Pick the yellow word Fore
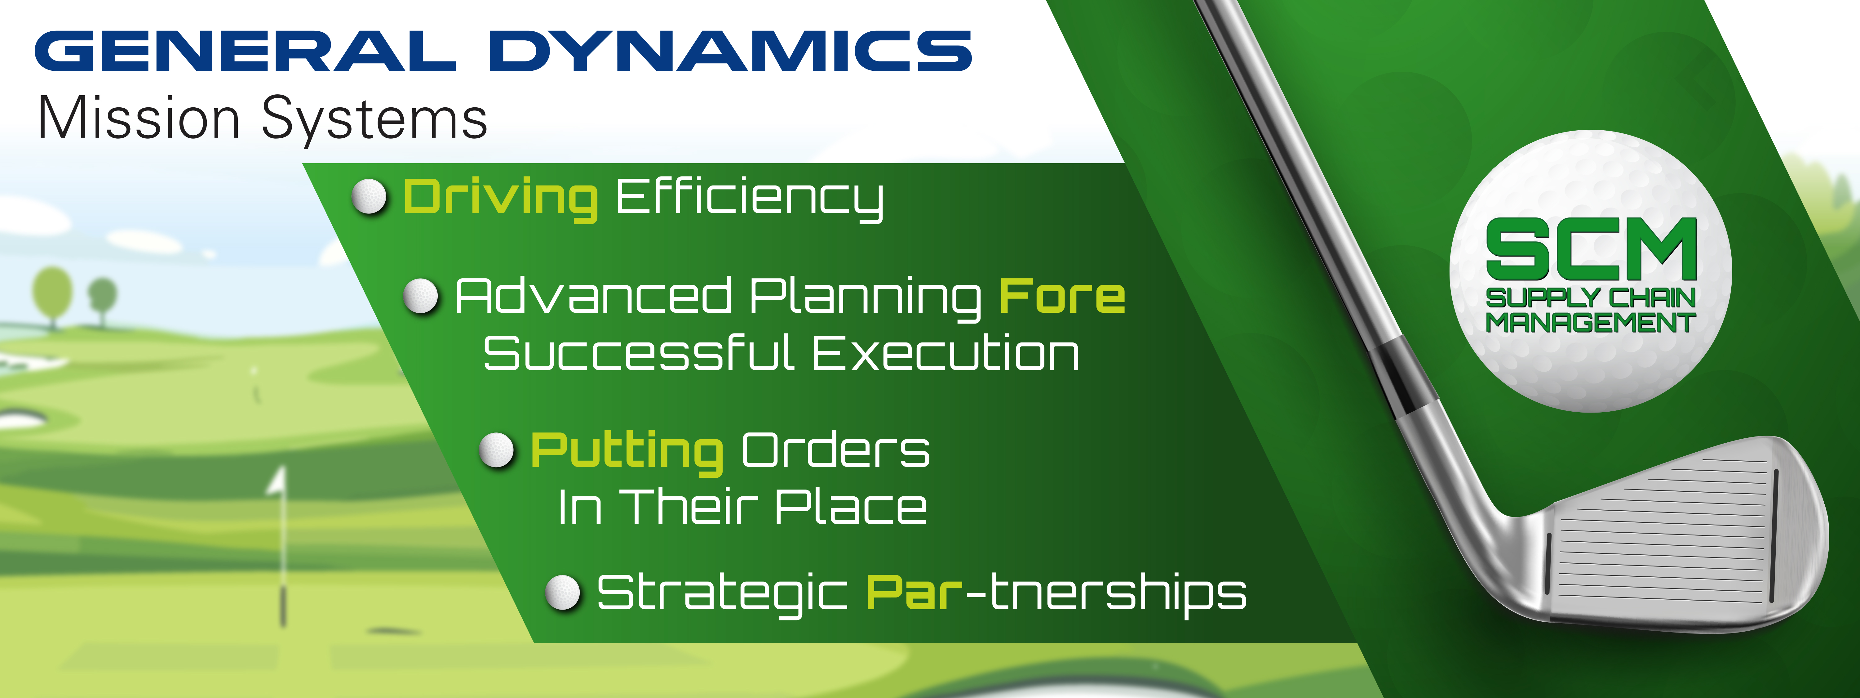pos(1062,296)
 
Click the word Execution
pos(946,354)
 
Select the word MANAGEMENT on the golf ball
pos(1590,322)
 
